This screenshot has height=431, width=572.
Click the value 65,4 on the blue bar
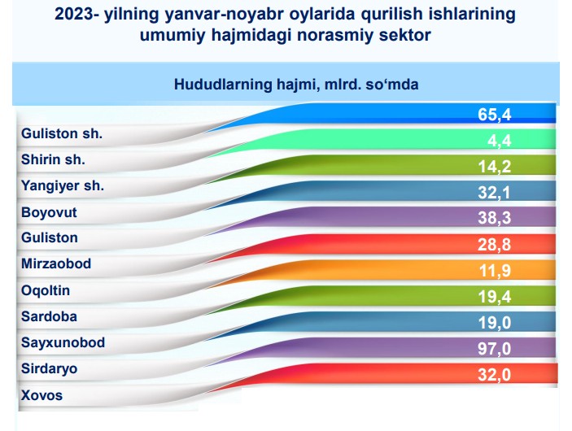point(495,115)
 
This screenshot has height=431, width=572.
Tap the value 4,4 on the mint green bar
point(500,141)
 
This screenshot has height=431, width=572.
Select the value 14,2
point(495,167)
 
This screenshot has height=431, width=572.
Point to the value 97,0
point(495,349)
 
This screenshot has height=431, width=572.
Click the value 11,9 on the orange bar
point(495,271)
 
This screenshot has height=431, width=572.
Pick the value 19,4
point(495,297)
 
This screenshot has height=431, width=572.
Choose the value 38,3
point(495,218)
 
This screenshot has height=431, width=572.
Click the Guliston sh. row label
point(62,133)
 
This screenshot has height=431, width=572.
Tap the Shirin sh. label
point(53,159)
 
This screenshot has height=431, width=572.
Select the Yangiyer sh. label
point(63,186)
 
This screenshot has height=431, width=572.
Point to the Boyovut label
point(49,212)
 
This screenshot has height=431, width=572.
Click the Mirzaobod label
point(56,263)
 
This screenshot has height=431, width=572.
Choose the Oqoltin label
point(46,290)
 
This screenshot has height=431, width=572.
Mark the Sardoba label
point(49,316)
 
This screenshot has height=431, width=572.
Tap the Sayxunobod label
point(63,342)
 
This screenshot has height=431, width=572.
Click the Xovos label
point(41,395)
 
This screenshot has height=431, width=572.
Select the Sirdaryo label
point(49,368)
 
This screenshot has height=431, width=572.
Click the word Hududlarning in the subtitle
point(223,85)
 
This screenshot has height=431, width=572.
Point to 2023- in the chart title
point(76,15)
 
